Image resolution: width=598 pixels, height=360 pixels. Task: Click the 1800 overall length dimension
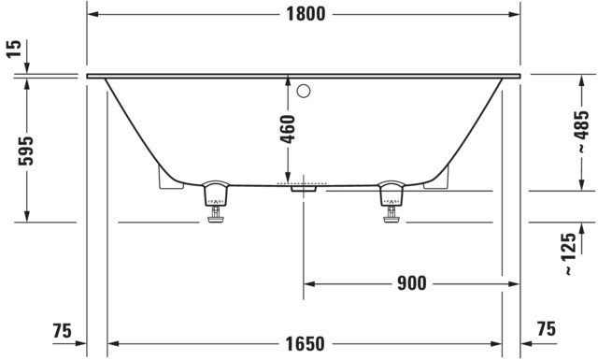(306, 15)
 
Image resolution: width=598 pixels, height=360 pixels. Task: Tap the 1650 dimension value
(306, 344)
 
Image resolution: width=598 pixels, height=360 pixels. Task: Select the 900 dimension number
(412, 283)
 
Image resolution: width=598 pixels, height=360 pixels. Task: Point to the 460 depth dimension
(288, 129)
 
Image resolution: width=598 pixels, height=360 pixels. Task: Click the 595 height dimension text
(26, 151)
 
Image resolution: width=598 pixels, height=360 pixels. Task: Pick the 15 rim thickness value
(14, 49)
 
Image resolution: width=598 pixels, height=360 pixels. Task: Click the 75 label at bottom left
(63, 331)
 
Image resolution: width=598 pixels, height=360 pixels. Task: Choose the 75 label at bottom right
(546, 329)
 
